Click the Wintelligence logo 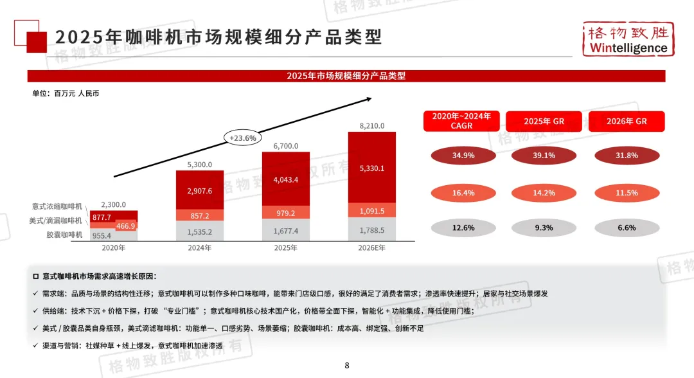coord(627,40)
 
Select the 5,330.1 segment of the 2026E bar coord(371,168)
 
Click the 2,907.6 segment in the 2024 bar coord(200,191)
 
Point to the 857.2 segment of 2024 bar coord(200,215)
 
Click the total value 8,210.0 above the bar coord(371,125)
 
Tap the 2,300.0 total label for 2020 coord(114,204)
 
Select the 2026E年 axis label coord(371,248)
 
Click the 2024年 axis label coord(200,248)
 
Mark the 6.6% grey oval coord(626,228)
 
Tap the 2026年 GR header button coord(626,121)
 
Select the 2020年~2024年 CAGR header coord(461,121)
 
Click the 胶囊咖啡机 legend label coord(66,235)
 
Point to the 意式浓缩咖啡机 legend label coord(57,206)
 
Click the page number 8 coord(347,366)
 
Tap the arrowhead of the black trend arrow coord(369,98)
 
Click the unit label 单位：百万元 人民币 coord(66,93)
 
